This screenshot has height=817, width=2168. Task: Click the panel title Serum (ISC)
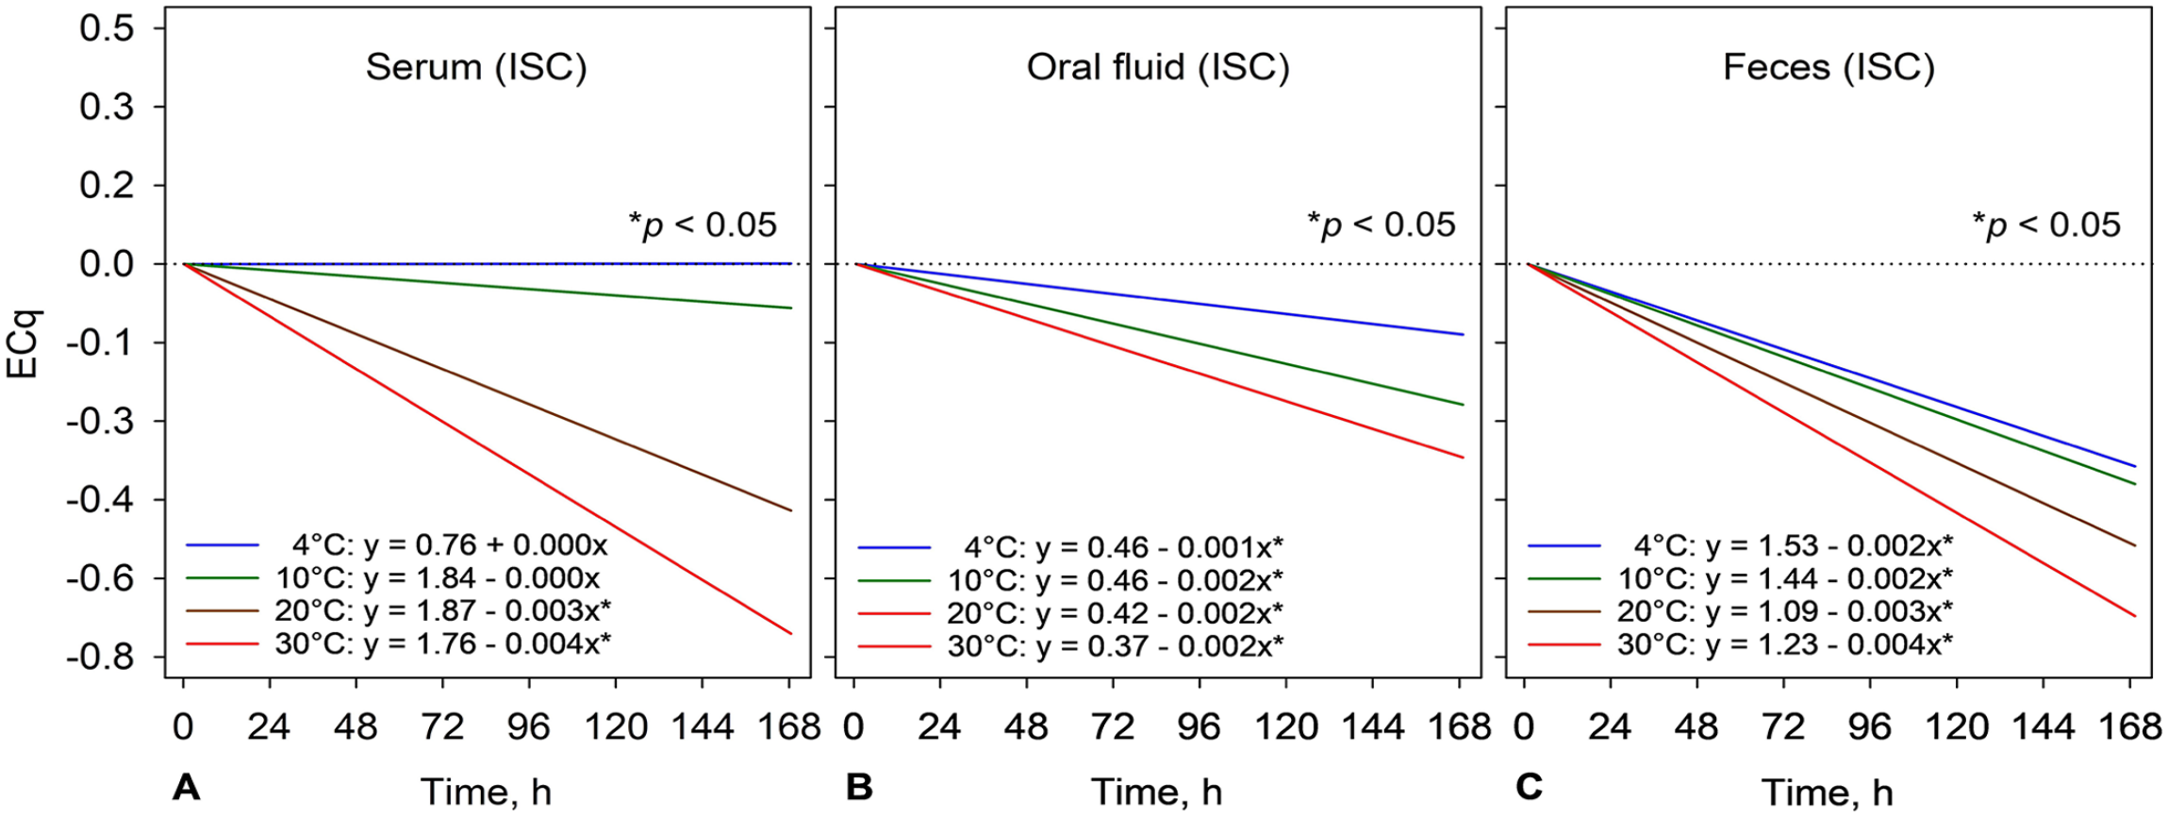point(476,68)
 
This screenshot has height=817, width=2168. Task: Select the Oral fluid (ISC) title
point(1158,68)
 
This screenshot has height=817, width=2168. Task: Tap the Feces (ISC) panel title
point(1829,68)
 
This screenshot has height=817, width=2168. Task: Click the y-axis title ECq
point(24,344)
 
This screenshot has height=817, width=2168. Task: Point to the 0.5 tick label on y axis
point(107,28)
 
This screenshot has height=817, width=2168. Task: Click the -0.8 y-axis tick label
point(99,657)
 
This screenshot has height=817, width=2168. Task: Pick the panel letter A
point(187,787)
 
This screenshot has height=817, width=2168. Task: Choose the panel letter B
point(859,787)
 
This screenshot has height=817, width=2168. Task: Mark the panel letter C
point(1529,787)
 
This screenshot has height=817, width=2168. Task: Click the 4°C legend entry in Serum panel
point(397,545)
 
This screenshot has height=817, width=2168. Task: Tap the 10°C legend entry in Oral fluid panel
point(1070,579)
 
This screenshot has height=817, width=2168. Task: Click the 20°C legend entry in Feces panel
point(1740,611)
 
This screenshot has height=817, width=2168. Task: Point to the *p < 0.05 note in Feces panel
point(2046,225)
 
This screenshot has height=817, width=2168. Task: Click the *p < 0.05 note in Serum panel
point(703,225)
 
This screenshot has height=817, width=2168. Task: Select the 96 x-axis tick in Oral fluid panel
point(1200,727)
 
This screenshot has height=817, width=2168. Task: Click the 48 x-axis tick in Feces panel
point(1696,727)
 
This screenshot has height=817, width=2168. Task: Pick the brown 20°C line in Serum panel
point(487,388)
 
